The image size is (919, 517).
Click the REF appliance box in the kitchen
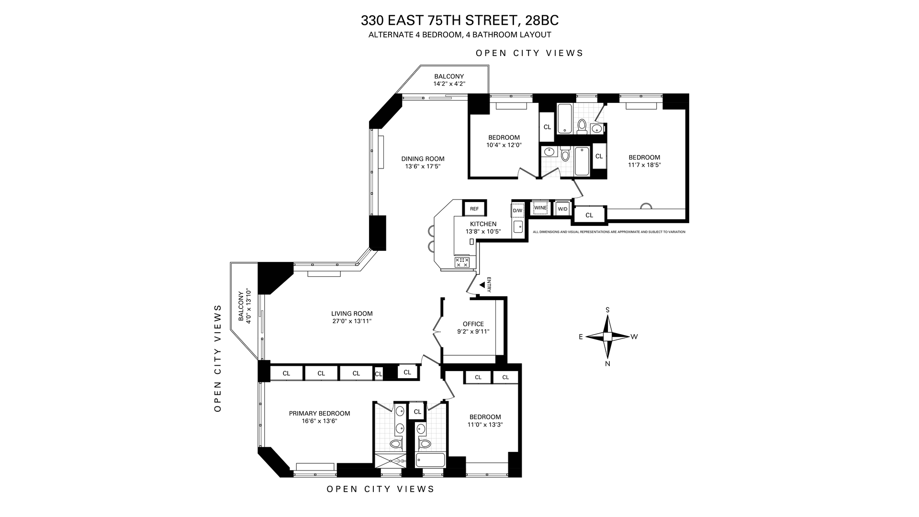(x=474, y=209)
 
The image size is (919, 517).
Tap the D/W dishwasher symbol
(x=518, y=210)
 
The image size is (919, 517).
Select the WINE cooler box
(x=540, y=208)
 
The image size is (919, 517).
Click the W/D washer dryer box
(x=562, y=209)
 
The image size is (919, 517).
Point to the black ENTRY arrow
(x=482, y=285)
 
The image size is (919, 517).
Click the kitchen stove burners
(x=462, y=262)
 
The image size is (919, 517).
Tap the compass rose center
(x=607, y=337)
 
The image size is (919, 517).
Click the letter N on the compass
(x=607, y=364)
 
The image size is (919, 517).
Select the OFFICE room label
(x=473, y=324)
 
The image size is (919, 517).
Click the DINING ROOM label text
(x=423, y=159)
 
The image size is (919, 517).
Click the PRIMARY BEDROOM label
(x=319, y=414)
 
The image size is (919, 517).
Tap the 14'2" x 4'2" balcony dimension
(x=449, y=84)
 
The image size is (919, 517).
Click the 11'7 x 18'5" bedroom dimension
(x=644, y=165)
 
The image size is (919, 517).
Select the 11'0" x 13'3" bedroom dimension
(x=485, y=425)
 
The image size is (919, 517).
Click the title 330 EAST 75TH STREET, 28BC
(x=459, y=21)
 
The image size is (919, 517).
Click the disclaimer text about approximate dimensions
(x=609, y=232)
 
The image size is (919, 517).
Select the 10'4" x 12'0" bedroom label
(x=504, y=145)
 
